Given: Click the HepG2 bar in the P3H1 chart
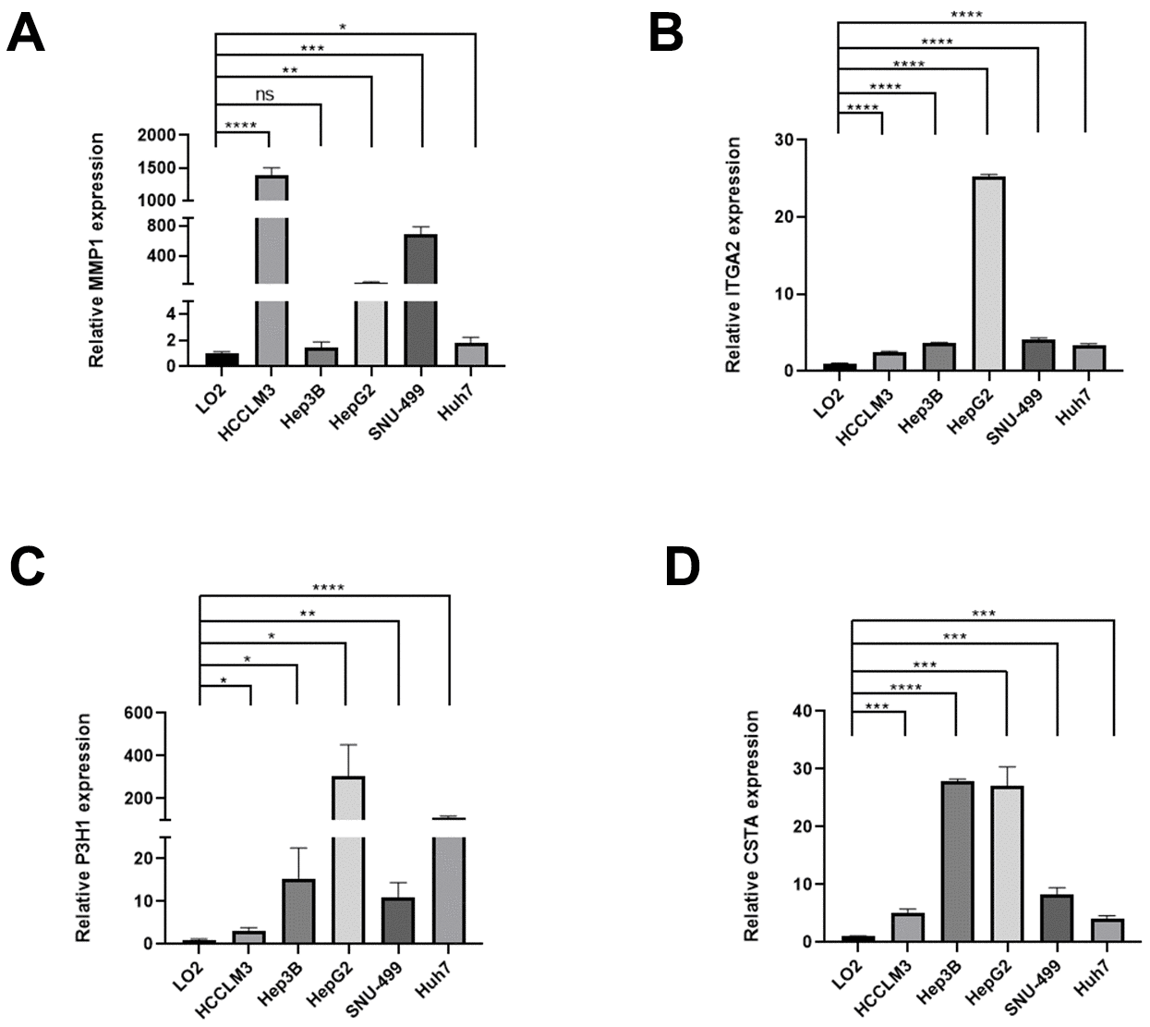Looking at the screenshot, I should [x=348, y=860].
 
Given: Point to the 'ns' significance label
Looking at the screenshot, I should [x=265, y=94].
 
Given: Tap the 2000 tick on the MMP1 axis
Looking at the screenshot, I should [x=156, y=136].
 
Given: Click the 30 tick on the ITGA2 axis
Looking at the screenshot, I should [x=786, y=141].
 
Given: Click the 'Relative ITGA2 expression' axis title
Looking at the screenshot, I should [x=734, y=255].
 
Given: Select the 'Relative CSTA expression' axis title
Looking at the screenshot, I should [x=753, y=825].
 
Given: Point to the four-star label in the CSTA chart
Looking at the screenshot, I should [x=904, y=687].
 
